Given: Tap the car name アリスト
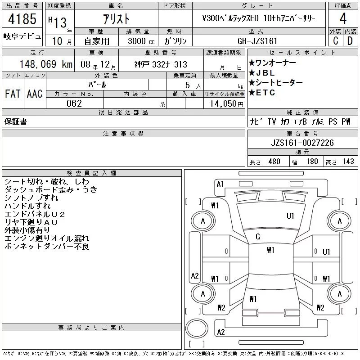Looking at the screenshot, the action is tap(117, 20).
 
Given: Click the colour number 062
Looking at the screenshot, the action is tap(74, 103).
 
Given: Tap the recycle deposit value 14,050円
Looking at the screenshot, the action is tap(224, 103).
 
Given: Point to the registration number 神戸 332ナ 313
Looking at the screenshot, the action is tap(160, 65).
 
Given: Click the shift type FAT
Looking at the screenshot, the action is tap(13, 94).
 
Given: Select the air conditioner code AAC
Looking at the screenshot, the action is tap(35, 94).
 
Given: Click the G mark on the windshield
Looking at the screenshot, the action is tap(258, 237).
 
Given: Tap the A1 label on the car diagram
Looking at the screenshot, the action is tap(220, 184).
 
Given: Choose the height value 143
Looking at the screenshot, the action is tap(348, 162).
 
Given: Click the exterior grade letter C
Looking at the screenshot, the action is tap(335, 40).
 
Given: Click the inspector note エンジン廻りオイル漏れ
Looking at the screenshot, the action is tap(47, 238).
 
